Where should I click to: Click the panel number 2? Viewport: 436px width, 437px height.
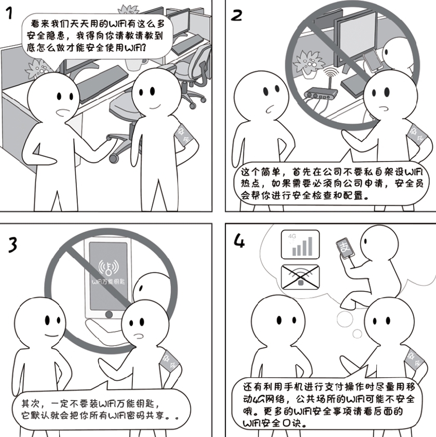point(236,15)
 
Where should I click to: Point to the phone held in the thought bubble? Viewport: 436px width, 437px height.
point(345,249)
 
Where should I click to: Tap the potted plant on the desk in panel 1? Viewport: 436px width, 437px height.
point(36,68)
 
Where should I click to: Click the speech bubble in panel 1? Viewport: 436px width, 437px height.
point(93,36)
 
